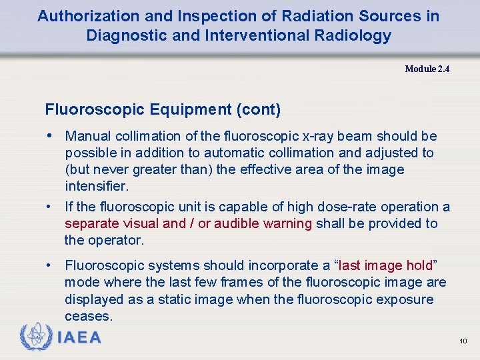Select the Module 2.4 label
point(427,69)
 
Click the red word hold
point(418,265)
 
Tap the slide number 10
point(463,341)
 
